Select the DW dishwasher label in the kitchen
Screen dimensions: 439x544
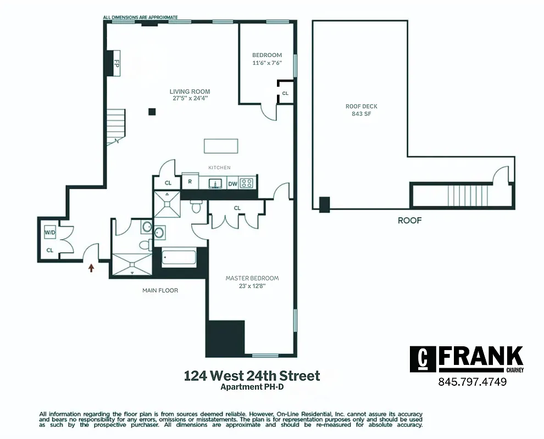pyautogui.click(x=233, y=184)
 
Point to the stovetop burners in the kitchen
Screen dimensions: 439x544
pyautogui.click(x=248, y=183)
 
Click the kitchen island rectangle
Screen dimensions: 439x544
pyautogui.click(x=221, y=146)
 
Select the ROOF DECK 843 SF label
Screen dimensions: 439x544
pyautogui.click(x=362, y=110)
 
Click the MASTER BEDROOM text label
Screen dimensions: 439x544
pyautogui.click(x=252, y=278)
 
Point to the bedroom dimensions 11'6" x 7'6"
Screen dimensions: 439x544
pyautogui.click(x=267, y=63)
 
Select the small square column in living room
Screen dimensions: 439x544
pyautogui.click(x=152, y=112)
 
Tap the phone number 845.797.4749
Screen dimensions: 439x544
pyautogui.click(x=472, y=382)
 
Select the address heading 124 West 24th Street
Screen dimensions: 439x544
pyautogui.click(x=252, y=376)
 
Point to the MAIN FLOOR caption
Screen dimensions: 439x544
pyautogui.click(x=160, y=290)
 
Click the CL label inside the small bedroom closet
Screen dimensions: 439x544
pyautogui.click(x=285, y=94)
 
